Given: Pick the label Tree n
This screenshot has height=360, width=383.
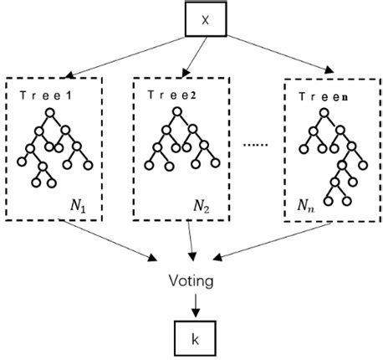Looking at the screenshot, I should [x=323, y=97].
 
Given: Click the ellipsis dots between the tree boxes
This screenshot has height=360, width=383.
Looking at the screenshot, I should [x=256, y=144].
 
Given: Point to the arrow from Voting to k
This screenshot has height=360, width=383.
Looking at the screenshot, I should [x=194, y=303].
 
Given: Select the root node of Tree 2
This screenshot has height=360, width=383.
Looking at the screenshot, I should [x=174, y=112].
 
